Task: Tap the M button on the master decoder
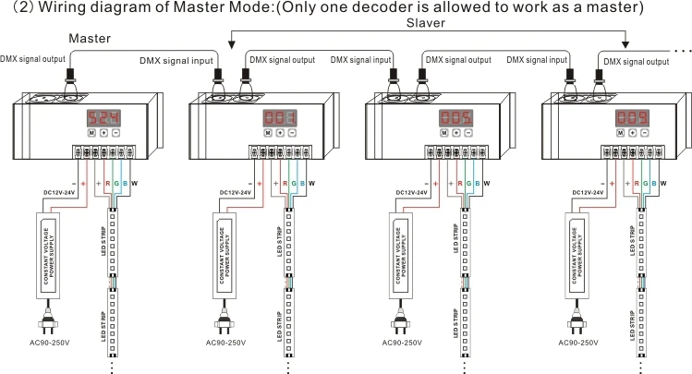[92, 134]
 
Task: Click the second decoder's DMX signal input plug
[221, 78]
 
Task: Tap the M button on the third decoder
[444, 134]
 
